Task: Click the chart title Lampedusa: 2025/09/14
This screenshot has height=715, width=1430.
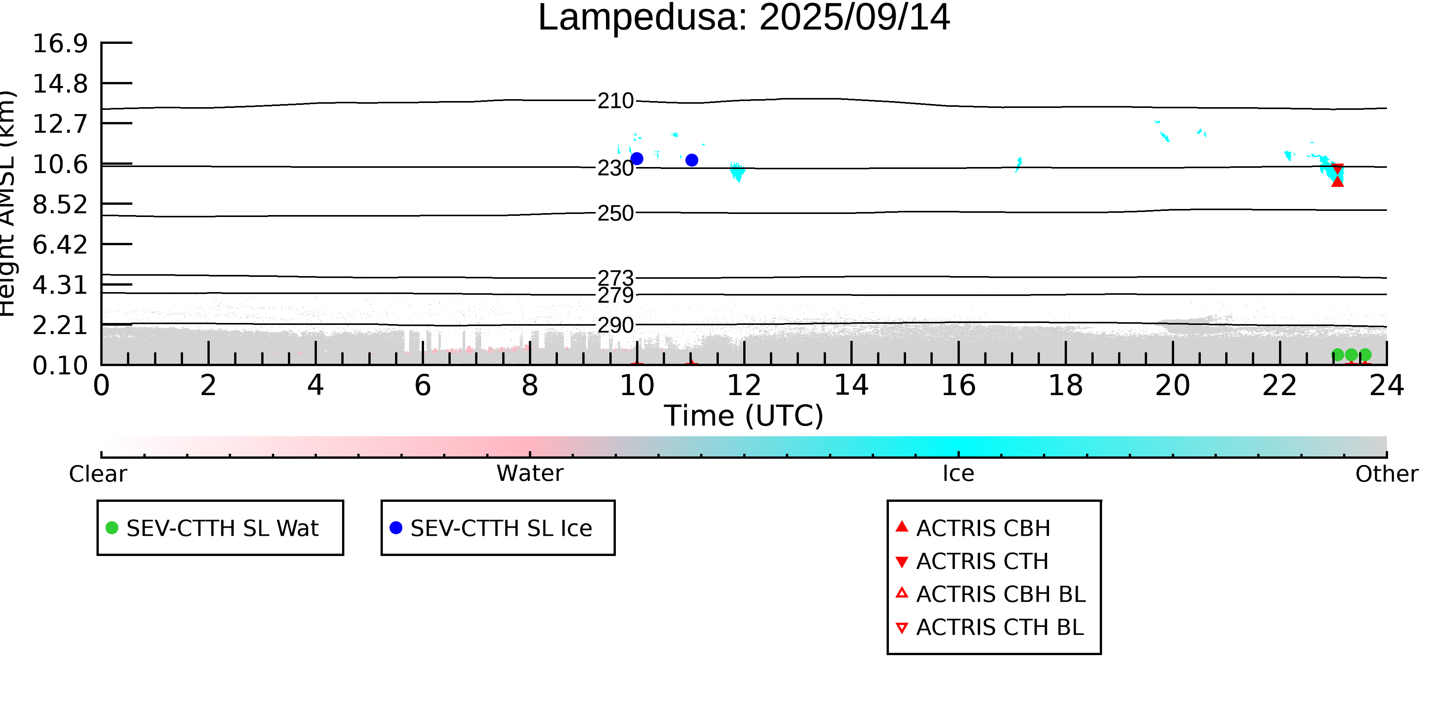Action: (x=744, y=18)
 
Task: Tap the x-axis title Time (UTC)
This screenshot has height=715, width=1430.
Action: (x=744, y=416)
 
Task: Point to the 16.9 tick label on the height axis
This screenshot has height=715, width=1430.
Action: (x=60, y=43)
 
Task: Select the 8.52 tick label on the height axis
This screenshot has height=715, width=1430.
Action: (x=60, y=205)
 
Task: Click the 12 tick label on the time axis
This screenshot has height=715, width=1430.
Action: (x=744, y=385)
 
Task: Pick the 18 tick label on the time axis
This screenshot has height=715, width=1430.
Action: (x=1065, y=385)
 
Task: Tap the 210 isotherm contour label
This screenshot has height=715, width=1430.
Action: (x=615, y=101)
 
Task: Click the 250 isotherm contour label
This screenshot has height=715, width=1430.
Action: (x=615, y=213)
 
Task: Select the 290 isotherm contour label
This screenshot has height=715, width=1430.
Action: (x=615, y=325)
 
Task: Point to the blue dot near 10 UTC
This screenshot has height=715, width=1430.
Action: (x=637, y=159)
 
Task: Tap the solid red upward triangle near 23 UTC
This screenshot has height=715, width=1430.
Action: (x=1337, y=181)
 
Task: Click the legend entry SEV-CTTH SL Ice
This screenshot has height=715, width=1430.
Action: (x=491, y=528)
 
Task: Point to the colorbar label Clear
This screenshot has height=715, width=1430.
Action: (x=98, y=474)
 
